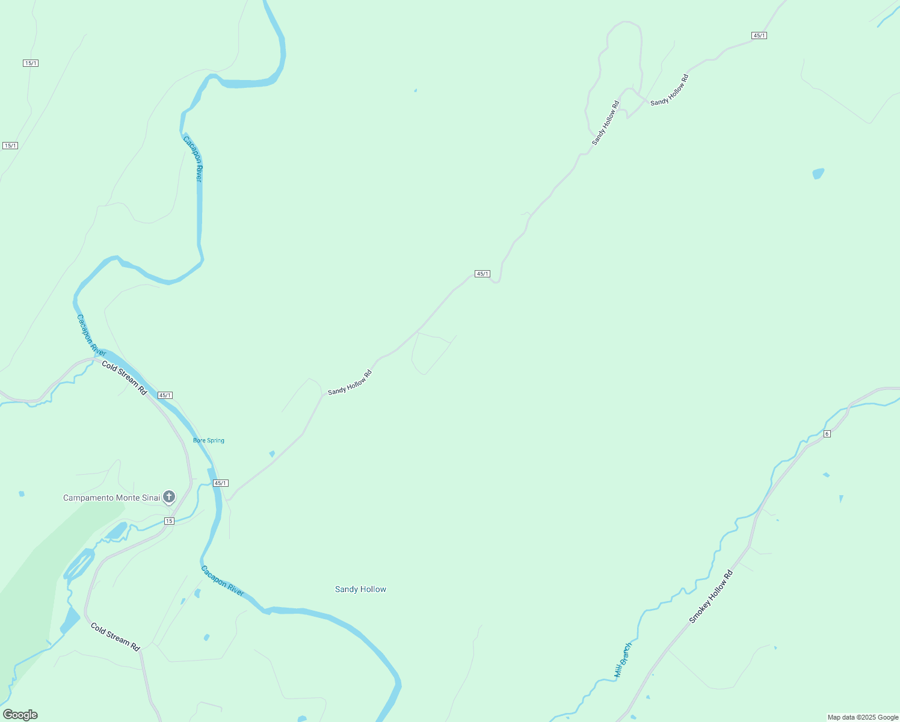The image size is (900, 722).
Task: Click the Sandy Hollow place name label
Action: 360,589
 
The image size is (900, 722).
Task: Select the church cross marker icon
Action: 170,497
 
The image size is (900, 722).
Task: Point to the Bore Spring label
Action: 209,440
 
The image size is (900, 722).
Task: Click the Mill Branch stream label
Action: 623,660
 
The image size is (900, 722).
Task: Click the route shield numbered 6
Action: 827,434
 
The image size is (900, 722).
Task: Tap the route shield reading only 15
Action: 169,521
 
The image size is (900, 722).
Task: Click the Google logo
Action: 20,715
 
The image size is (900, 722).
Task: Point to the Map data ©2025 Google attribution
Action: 863,717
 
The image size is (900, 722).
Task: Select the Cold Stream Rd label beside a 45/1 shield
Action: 124,377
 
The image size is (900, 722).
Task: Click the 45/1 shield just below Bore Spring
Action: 221,483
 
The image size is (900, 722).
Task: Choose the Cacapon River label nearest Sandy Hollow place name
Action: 223,581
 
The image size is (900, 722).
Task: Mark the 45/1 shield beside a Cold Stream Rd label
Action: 165,395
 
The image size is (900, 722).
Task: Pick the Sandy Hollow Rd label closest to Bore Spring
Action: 350,383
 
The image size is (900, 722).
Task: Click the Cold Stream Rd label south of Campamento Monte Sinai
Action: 115,637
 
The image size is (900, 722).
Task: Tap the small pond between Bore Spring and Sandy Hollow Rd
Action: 272,454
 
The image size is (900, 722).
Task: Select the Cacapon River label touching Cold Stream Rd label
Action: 91,335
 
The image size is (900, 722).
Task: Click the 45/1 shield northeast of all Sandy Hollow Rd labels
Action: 759,35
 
